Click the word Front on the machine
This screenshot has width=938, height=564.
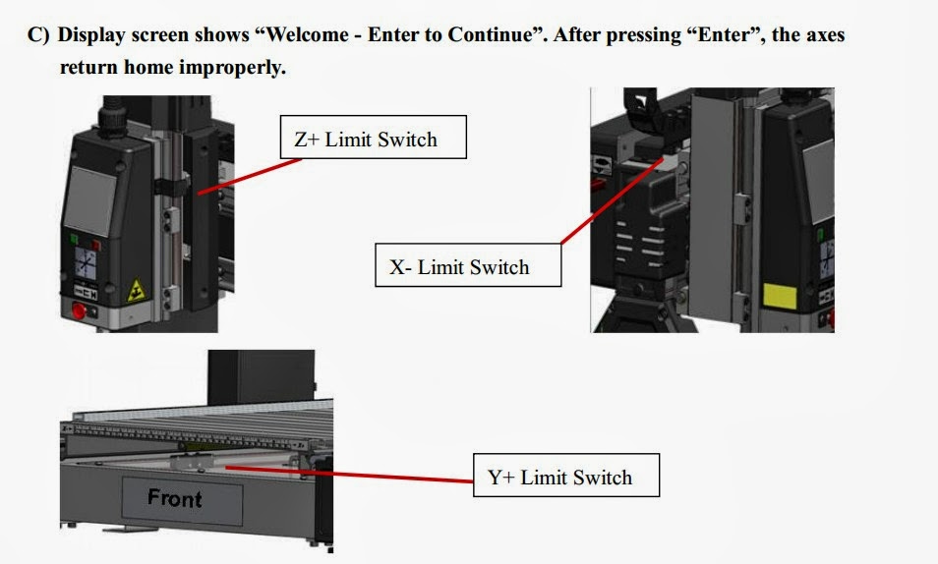coord(174,498)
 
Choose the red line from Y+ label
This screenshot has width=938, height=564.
coord(354,475)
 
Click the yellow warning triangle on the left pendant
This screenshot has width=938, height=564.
coord(136,290)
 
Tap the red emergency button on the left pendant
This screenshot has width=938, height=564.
coord(80,312)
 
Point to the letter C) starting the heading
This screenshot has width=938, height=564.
coord(37,35)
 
